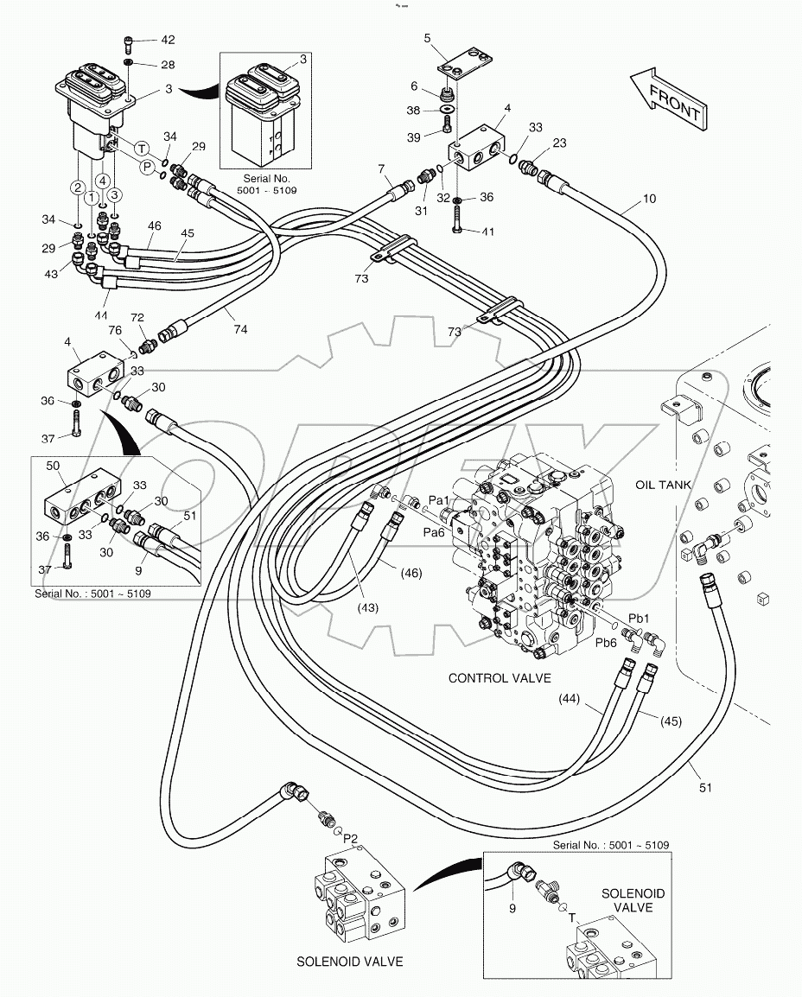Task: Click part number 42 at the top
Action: tap(167, 41)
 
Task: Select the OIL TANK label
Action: tap(664, 485)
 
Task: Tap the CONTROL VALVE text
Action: tap(499, 678)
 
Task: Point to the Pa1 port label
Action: tap(439, 500)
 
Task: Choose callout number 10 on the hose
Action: tap(649, 199)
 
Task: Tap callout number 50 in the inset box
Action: tap(52, 467)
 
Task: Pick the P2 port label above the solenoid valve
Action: tap(351, 837)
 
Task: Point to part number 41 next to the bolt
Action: tap(488, 232)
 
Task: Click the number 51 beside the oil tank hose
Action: tap(705, 788)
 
